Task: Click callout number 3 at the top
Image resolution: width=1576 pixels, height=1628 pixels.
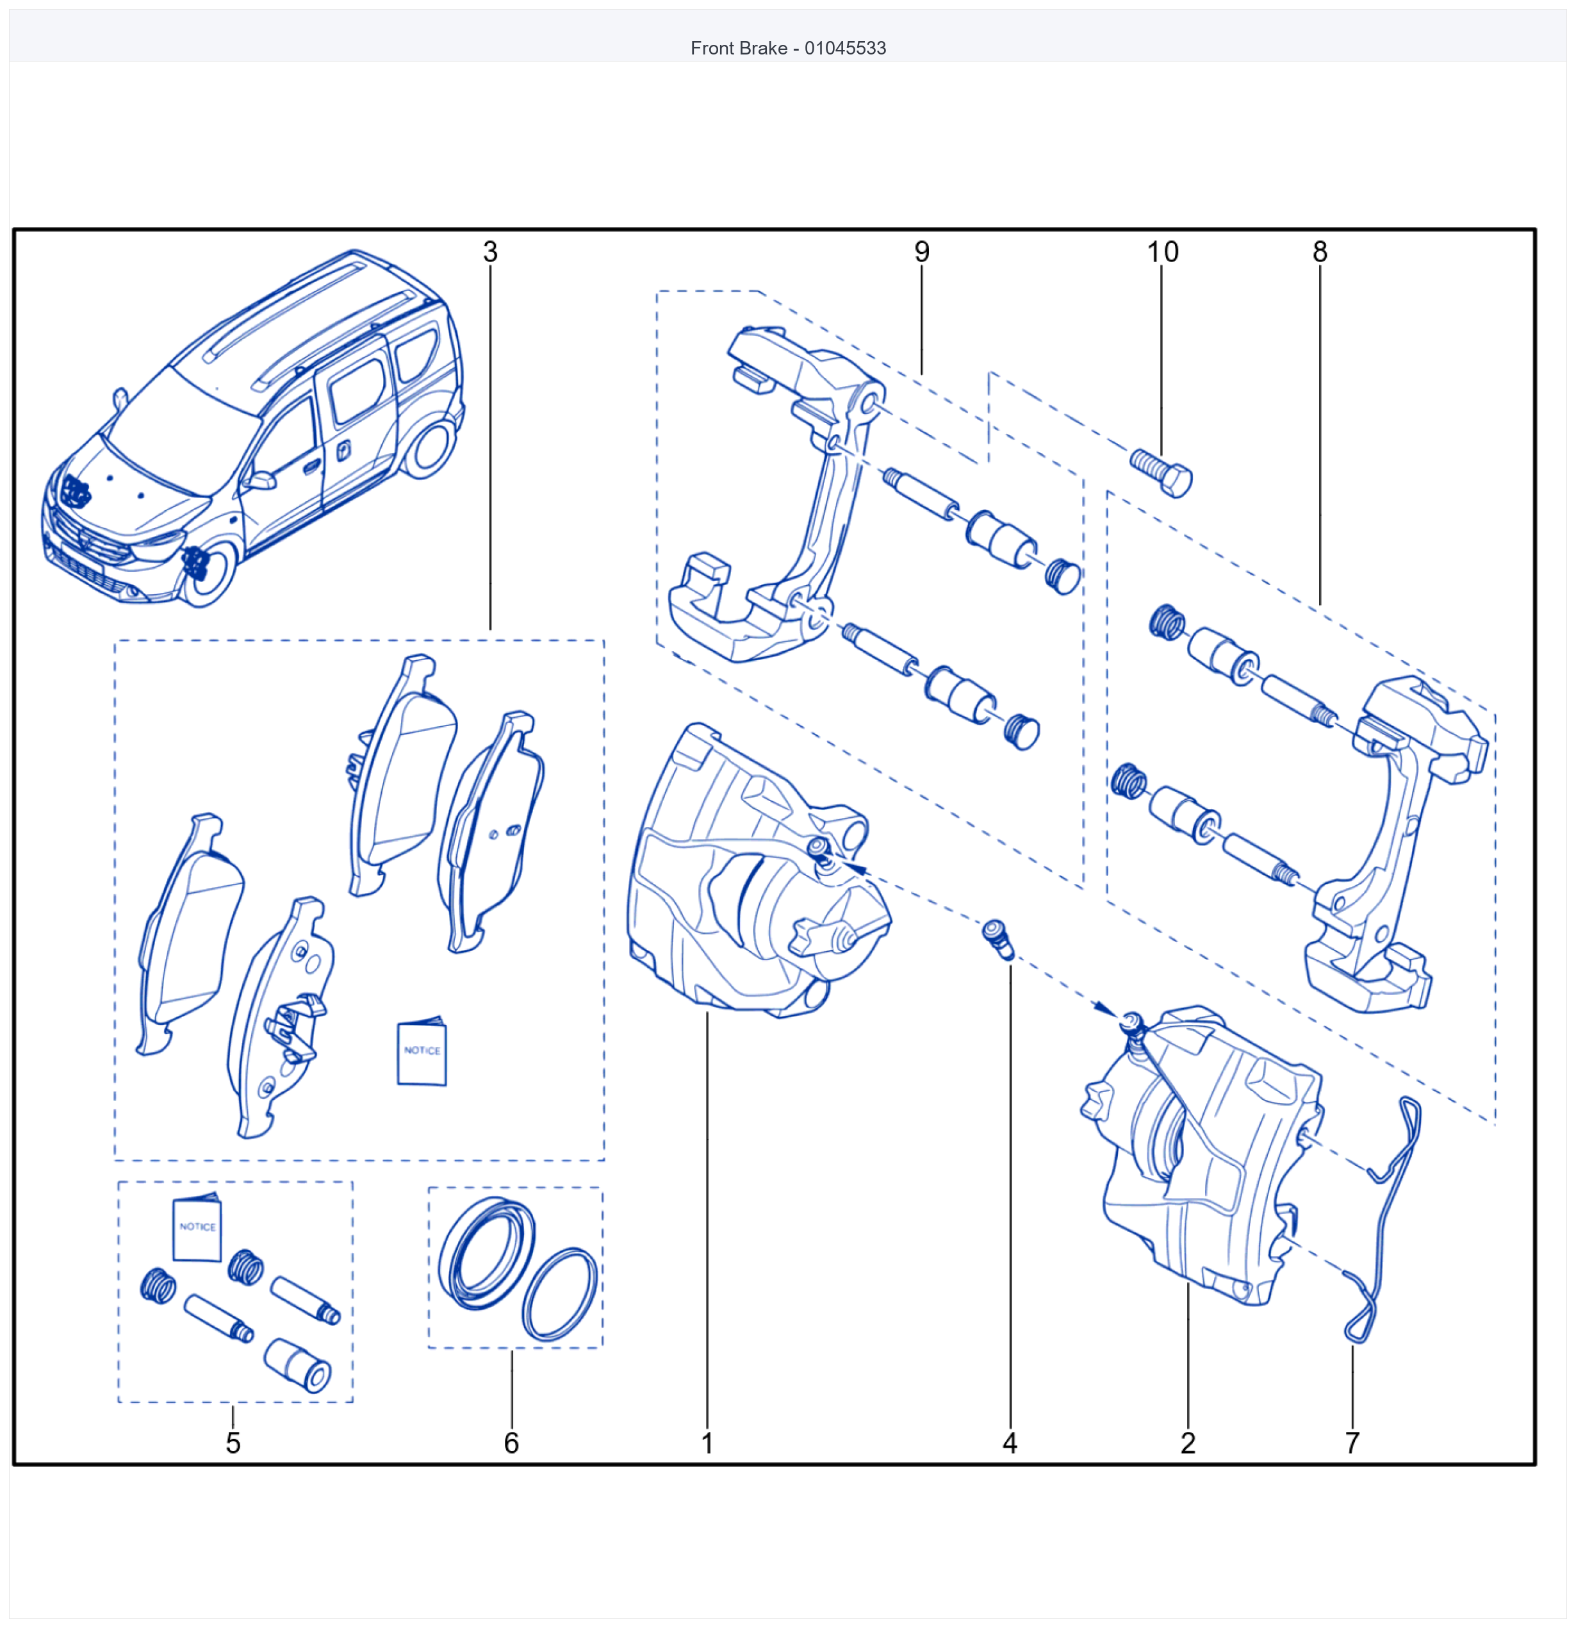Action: [x=490, y=252]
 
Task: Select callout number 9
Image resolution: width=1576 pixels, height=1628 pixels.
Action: [x=922, y=252]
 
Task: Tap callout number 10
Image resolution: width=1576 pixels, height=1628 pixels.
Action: [x=1163, y=252]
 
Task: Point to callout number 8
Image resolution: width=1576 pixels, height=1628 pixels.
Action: [x=1320, y=252]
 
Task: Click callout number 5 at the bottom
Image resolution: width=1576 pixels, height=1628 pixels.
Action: [x=233, y=1443]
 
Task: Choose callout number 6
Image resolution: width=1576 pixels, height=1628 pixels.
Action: [x=511, y=1443]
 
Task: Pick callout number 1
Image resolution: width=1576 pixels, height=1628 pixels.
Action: [x=707, y=1443]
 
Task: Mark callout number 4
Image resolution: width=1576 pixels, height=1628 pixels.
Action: [x=1010, y=1443]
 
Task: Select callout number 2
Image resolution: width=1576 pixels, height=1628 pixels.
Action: [x=1188, y=1443]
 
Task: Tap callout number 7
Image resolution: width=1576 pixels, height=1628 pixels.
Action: [x=1352, y=1443]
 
